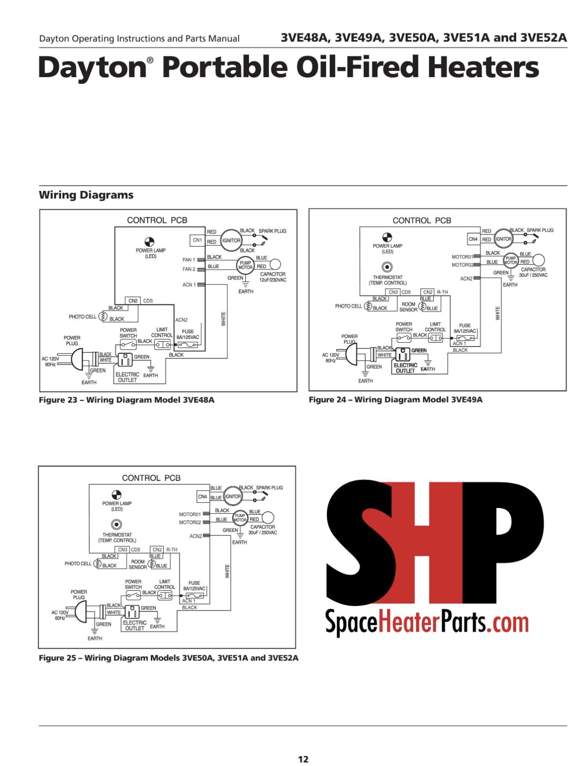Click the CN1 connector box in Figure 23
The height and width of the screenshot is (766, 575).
coord(197,240)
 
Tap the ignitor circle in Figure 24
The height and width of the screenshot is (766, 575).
coord(503,239)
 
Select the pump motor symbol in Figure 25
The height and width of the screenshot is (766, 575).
coord(240,518)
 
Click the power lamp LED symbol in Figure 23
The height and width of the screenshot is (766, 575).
coord(150,242)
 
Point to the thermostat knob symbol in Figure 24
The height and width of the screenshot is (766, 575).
coord(387,268)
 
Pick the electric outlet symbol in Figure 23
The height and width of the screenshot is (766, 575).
coord(125,359)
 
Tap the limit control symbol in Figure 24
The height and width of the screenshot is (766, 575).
coord(435,338)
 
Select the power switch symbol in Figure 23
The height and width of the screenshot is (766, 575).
coord(128,344)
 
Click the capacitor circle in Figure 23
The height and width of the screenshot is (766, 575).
coord(275,264)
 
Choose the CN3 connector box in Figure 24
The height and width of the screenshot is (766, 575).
coord(393,292)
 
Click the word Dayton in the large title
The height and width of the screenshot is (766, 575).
coord(93,68)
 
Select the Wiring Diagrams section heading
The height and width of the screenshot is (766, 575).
coord(86,195)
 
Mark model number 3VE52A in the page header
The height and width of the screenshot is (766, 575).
coord(543,37)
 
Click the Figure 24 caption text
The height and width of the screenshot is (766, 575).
coord(395,400)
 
